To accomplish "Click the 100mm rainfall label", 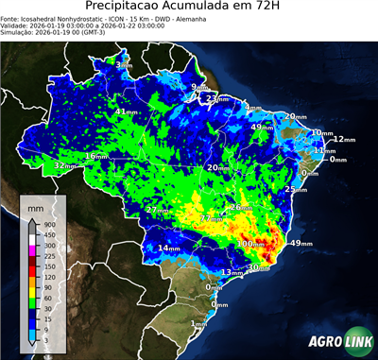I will pyautogui.click(x=250, y=244).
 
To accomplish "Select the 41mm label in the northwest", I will pyautogui.click(x=124, y=111).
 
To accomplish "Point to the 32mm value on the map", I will pyautogui.click(x=65, y=165).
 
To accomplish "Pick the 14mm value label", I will pyautogui.click(x=168, y=249).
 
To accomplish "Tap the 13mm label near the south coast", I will pyautogui.click(x=231, y=272).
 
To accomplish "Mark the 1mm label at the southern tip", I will pyautogui.click(x=198, y=324).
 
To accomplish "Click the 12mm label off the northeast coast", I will pyautogui.click(x=343, y=140).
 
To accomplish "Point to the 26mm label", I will pyautogui.click(x=241, y=207).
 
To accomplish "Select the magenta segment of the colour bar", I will pyautogui.click(x=32, y=249).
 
